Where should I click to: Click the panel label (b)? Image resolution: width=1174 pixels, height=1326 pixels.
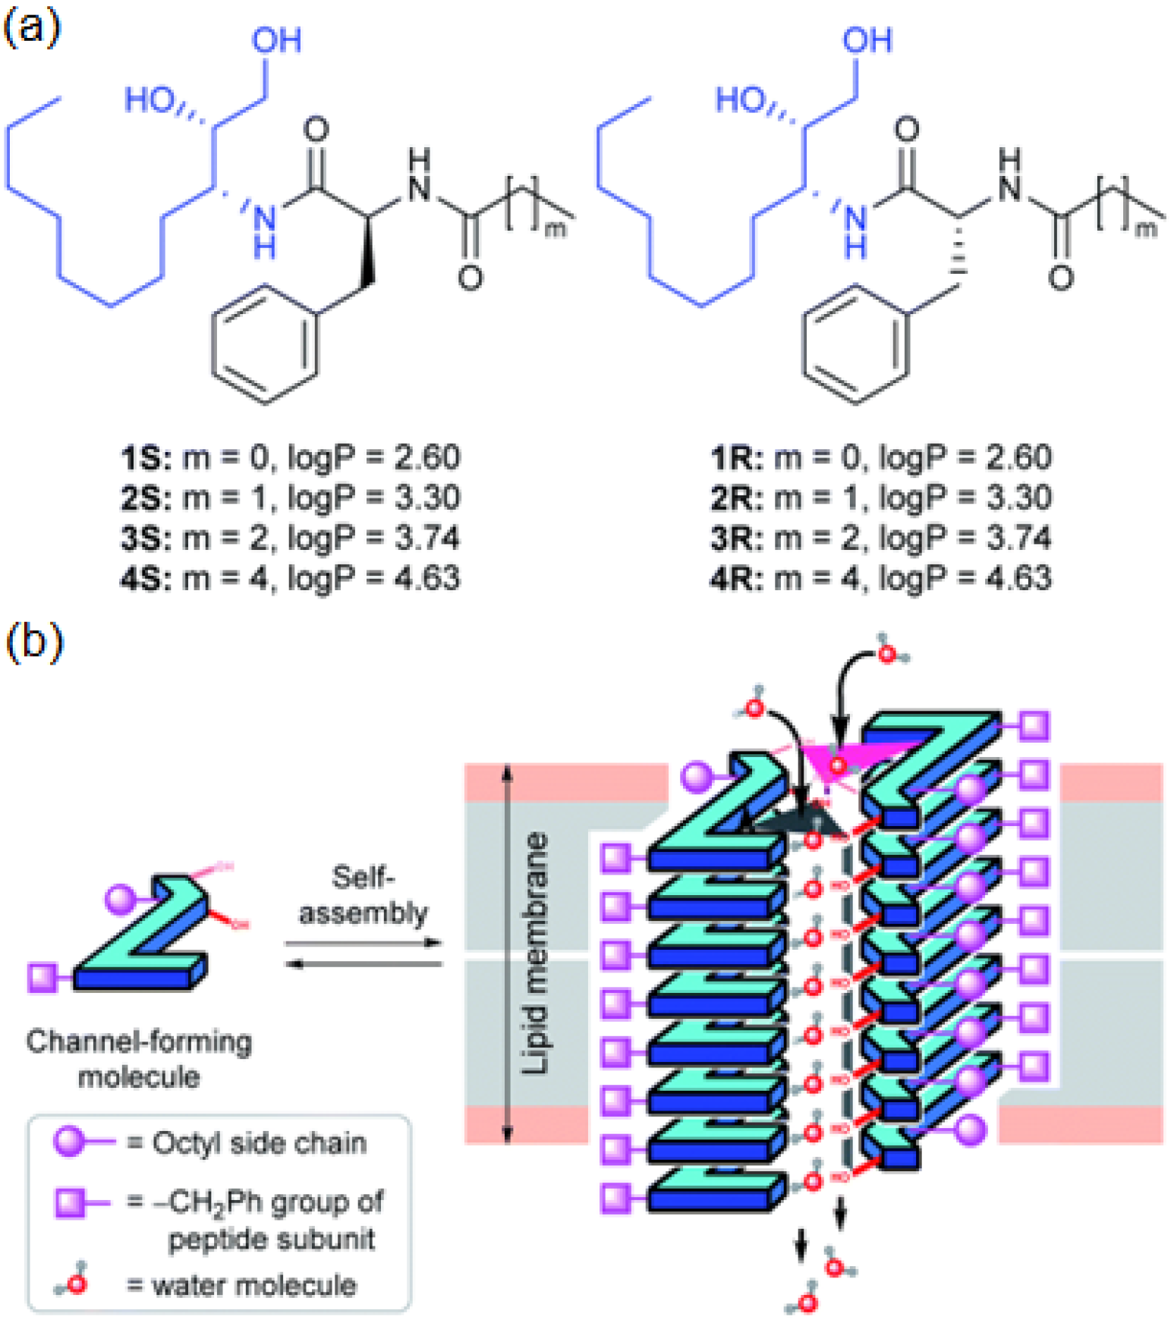click(x=33, y=642)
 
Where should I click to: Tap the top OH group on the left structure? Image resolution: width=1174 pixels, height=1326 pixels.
click(x=276, y=40)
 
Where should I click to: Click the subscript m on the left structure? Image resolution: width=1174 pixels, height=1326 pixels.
click(x=556, y=228)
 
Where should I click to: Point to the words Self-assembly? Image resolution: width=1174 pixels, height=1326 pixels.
click(x=363, y=895)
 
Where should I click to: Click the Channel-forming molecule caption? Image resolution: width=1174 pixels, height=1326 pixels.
click(x=139, y=1059)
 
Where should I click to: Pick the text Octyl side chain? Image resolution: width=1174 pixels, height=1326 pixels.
click(x=259, y=1142)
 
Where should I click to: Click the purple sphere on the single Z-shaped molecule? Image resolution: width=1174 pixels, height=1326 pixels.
click(x=120, y=899)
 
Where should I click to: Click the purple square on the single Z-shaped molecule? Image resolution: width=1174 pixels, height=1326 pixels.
click(x=42, y=978)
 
